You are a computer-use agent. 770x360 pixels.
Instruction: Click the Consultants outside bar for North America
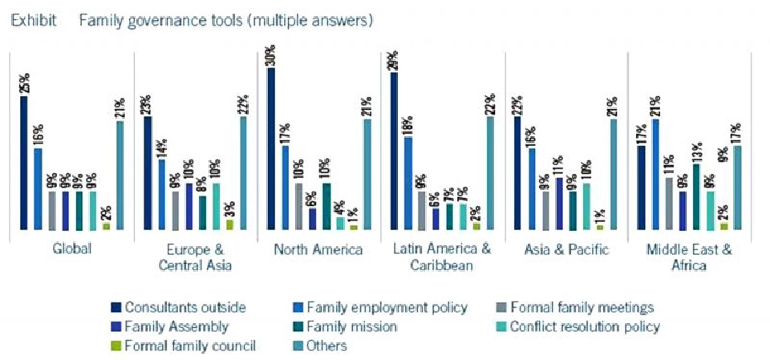pyautogui.click(x=271, y=149)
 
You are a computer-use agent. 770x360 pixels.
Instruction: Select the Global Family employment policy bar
pyautogui.click(x=38, y=189)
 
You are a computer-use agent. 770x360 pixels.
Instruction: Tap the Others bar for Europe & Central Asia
pyautogui.click(x=243, y=173)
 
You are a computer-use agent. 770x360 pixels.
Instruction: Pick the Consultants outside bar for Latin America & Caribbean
pyautogui.click(x=394, y=151)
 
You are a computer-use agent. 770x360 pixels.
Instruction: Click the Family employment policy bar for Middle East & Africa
pyautogui.click(x=655, y=174)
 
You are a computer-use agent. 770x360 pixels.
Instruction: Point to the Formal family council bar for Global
pyautogui.click(x=107, y=226)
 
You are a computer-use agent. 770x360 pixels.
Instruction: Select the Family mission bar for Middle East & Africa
pyautogui.click(x=696, y=196)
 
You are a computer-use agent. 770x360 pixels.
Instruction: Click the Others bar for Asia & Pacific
pyautogui.click(x=614, y=175)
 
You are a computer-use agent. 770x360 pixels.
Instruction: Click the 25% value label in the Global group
pyautogui.click(x=24, y=83)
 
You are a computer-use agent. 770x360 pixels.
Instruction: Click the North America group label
pyautogui.click(x=318, y=249)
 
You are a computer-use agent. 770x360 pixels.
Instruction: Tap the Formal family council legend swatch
pyautogui.click(x=116, y=346)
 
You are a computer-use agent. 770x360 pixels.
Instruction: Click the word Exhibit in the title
pyautogui.click(x=33, y=18)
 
